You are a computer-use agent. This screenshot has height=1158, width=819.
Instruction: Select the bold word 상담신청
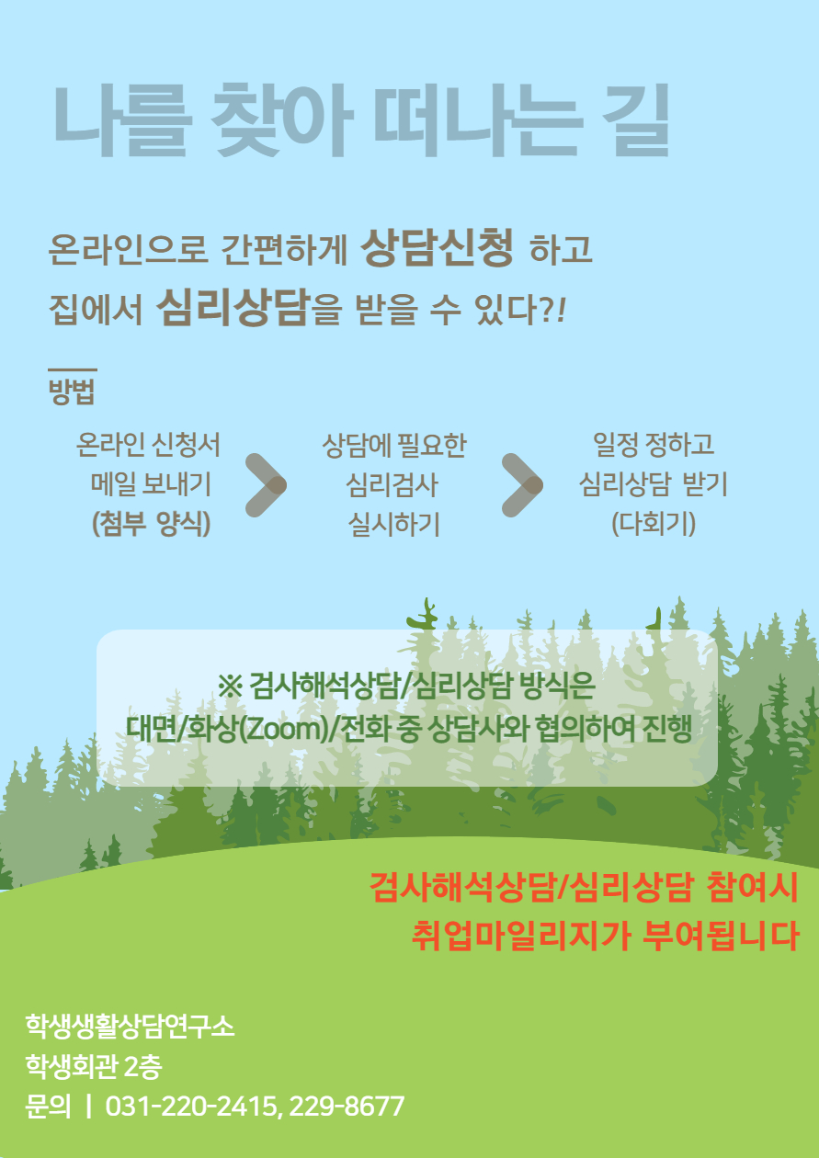(438, 247)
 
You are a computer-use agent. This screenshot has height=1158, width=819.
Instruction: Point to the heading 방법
(72, 392)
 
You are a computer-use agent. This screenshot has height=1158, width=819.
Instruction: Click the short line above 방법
(73, 369)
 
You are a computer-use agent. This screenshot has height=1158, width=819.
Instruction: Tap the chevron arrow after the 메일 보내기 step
(266, 485)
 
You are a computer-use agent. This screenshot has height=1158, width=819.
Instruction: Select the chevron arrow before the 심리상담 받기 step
(523, 485)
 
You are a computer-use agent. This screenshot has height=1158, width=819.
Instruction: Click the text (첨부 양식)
(151, 524)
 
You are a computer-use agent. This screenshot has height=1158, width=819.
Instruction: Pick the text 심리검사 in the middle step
(392, 484)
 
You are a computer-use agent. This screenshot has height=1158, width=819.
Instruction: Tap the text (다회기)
(654, 524)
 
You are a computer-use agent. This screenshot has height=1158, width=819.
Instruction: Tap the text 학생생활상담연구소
(130, 1025)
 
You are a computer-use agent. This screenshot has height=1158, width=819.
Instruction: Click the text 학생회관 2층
(94, 1066)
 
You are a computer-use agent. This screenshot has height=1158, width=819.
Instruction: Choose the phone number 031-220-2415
(191, 1107)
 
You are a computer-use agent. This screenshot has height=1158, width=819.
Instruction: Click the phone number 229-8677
(347, 1107)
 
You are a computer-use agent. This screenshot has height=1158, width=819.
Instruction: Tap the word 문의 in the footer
(48, 1107)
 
